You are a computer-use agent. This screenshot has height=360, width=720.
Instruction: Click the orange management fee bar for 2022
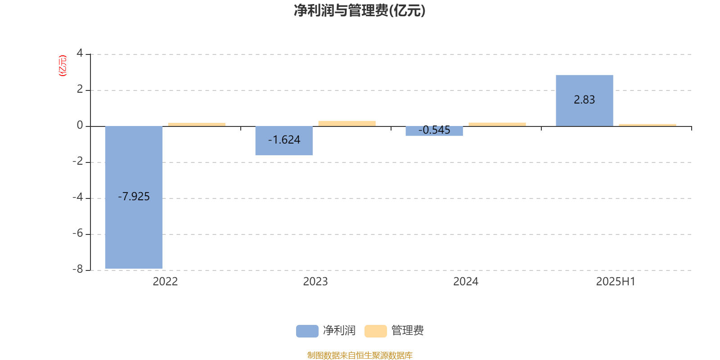coord(197,124)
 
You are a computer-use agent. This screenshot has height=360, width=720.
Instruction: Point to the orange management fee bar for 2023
coord(347,123)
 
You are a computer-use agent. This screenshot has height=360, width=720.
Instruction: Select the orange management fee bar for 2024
coord(497,124)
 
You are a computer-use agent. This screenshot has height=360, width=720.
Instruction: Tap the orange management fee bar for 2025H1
coord(648,125)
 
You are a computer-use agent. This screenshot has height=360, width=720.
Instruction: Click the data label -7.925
coord(134,196)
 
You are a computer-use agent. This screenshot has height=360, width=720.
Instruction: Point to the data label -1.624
coord(284,140)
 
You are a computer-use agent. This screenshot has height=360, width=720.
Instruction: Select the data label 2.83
coord(585,99)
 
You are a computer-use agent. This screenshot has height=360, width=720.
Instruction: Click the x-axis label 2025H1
coord(616,282)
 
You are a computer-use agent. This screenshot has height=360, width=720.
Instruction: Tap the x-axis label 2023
coord(315,282)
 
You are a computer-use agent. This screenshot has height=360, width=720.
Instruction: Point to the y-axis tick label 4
coord(80,53)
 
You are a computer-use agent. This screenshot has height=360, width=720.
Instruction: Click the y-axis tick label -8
coord(78,269)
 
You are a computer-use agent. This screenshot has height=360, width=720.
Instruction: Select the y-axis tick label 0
coord(80,125)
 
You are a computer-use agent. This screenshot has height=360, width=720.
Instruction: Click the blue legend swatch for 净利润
coord(307,331)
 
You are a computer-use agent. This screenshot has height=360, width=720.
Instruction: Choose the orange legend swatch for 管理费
coord(375,331)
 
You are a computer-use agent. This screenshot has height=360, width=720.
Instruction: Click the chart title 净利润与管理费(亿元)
coord(360,11)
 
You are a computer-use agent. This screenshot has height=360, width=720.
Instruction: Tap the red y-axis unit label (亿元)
coord(63,66)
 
